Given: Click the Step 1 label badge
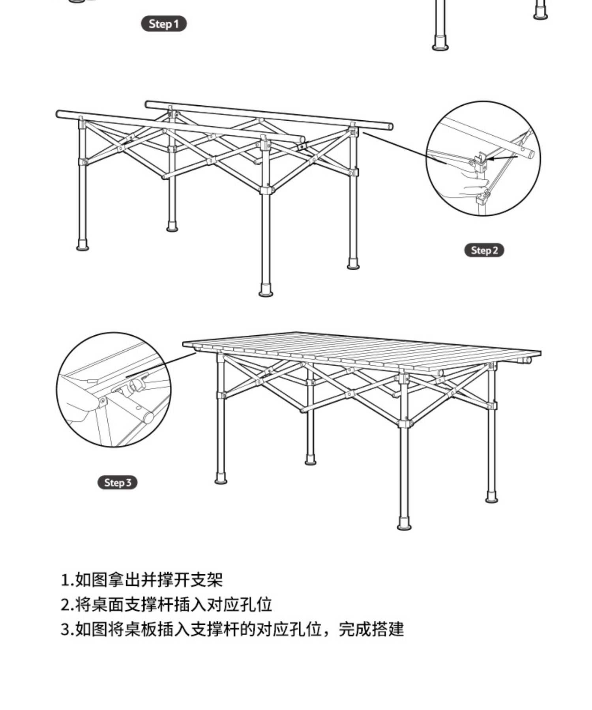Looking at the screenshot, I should click(163, 24).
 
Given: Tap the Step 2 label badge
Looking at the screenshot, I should click(484, 250).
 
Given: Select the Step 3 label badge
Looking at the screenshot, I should click(118, 482).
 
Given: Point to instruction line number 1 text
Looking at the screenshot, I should click(142, 579).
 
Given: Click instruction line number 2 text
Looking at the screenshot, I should click(166, 605).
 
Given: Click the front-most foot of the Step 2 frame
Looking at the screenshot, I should click(266, 292).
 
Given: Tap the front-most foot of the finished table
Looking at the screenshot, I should click(404, 526).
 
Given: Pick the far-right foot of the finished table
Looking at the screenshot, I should click(491, 499).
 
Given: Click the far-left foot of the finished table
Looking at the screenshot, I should click(221, 480).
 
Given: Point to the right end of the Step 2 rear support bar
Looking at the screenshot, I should click(390, 127).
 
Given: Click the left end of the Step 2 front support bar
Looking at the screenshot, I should click(59, 114).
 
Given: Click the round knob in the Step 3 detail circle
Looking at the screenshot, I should click(137, 385).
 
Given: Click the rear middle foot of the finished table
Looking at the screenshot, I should click(311, 461).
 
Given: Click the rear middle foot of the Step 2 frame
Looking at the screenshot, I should click(172, 228).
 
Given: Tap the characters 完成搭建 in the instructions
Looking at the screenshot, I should click(371, 630).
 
